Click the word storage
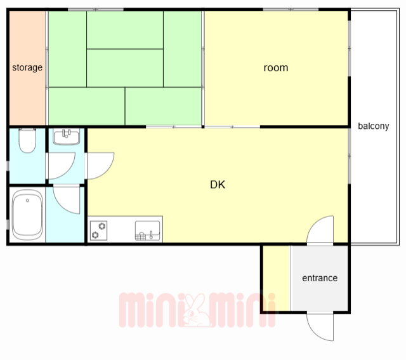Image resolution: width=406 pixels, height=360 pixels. coord(27,68)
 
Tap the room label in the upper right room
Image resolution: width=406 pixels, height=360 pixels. coord(276,68)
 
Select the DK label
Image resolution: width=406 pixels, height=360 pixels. coord(218,185)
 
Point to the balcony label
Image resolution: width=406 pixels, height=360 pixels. coord(374,126)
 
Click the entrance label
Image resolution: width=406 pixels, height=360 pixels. coord(320,278)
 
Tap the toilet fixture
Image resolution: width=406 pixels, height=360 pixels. coord(27,141)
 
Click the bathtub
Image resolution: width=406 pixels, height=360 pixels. coord(27,215)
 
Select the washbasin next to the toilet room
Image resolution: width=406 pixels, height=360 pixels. coord(67,137)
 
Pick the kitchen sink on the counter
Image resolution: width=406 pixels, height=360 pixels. coord(148,230)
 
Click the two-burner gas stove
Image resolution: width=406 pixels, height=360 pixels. coord(99,230)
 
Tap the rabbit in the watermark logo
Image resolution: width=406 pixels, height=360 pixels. coord(196,310)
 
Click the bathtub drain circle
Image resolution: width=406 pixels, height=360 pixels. coord(27,201)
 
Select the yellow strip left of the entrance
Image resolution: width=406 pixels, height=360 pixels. coord(277,278)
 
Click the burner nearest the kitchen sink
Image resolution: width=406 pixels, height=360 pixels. coord(102,226)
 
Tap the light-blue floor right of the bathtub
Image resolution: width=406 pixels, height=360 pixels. coord(65,215)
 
